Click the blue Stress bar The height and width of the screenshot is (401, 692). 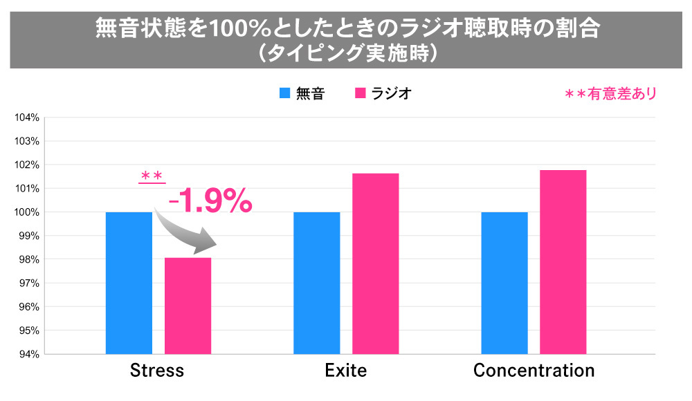coord(129,283)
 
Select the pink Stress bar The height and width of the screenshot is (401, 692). coord(188,306)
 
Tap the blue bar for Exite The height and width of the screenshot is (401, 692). coord(316,283)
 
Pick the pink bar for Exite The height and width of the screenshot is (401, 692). coord(375,263)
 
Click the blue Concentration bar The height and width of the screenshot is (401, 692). coord(504,283)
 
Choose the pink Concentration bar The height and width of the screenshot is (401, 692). coord(563,262)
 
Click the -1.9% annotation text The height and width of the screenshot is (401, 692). coord(211,201)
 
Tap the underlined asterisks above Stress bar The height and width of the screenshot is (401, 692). coord(152,177)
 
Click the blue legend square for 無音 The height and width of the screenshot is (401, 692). coord(285,93)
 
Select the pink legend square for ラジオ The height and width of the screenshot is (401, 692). coord(360,93)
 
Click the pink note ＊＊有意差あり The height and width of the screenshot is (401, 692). coord(610,93)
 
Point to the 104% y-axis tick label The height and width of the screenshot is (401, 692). coord(27,118)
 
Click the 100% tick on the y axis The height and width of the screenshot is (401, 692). coord(27,212)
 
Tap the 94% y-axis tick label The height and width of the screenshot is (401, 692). coord(28,354)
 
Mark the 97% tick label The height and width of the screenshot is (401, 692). coord(28,283)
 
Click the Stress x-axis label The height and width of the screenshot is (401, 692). coord(157,371)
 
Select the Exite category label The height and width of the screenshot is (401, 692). coord(345,371)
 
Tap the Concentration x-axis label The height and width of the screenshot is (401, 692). coord(534,371)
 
